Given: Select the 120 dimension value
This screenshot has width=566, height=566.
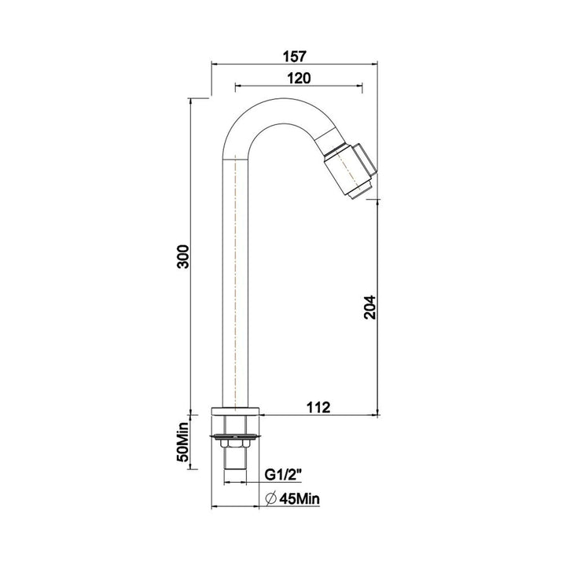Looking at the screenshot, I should [x=299, y=77].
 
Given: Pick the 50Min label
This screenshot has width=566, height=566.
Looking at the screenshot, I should [x=183, y=445].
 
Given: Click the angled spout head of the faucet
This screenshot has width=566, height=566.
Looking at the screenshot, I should [x=350, y=168].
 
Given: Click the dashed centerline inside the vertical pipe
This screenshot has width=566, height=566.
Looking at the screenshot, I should [x=237, y=275].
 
